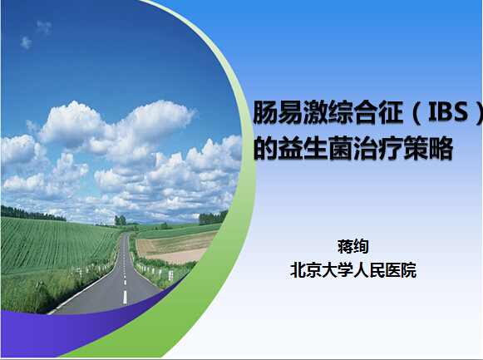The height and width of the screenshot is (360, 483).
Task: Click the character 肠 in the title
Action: (x=265, y=112)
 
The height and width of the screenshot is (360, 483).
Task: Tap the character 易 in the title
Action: (x=290, y=112)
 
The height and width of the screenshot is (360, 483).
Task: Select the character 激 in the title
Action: (x=315, y=112)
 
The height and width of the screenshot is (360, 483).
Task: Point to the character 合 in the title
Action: (x=365, y=112)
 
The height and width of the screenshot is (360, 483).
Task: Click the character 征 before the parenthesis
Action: (x=390, y=112)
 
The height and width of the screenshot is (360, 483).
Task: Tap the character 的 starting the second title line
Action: (x=265, y=148)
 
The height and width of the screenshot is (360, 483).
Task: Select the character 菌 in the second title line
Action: (x=340, y=148)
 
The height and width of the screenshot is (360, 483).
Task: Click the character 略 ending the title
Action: (x=441, y=148)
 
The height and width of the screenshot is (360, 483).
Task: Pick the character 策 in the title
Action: (x=415, y=148)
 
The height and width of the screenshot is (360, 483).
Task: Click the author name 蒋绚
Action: (x=353, y=246)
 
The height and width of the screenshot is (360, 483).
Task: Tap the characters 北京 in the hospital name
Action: (x=306, y=270)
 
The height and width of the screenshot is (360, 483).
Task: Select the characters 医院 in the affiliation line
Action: (x=401, y=270)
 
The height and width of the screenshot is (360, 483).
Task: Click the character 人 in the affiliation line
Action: (x=361, y=270)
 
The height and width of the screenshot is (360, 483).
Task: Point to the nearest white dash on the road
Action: (x=125, y=297)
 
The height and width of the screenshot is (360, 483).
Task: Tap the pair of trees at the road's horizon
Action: (x=121, y=219)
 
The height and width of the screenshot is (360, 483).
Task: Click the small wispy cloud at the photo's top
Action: (x=44, y=27)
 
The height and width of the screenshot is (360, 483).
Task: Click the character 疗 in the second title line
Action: (x=390, y=148)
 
